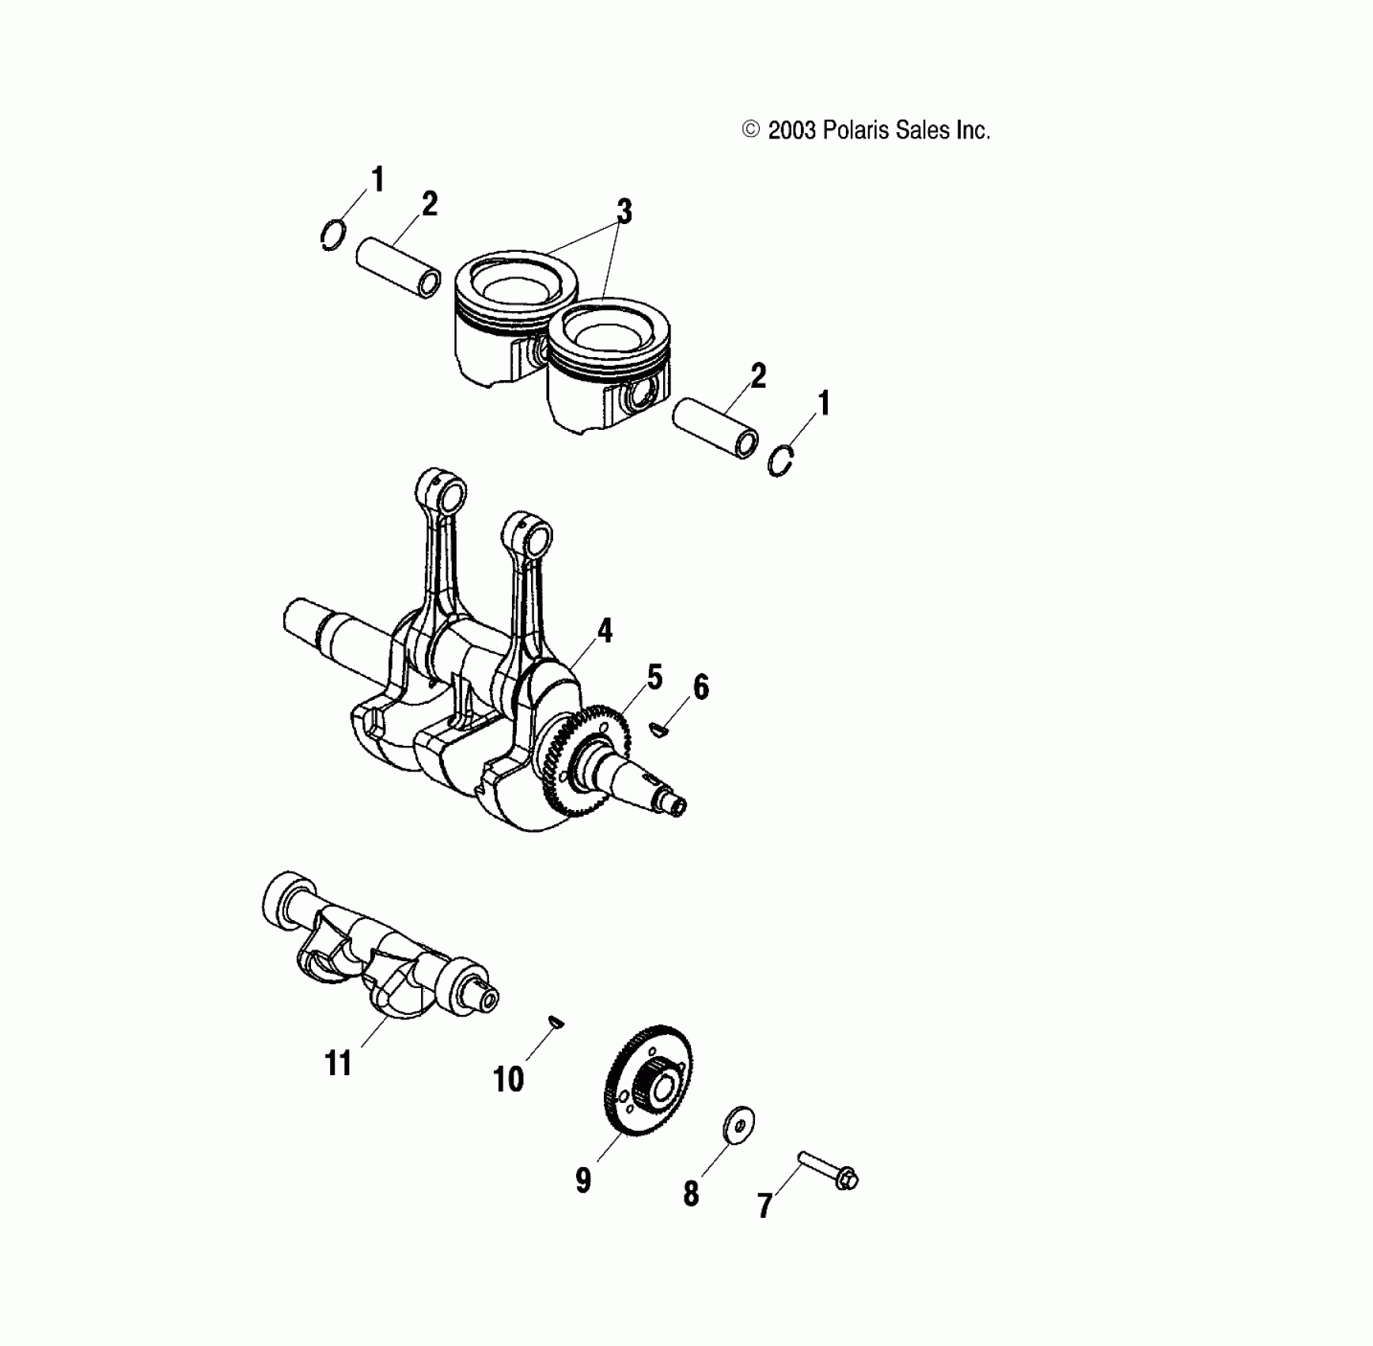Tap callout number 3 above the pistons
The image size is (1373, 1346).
pyautogui.click(x=624, y=211)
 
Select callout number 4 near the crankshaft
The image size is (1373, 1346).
pyautogui.click(x=605, y=631)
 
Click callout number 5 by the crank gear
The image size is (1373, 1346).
pyautogui.click(x=654, y=678)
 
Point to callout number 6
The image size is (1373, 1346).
pyautogui.click(x=701, y=687)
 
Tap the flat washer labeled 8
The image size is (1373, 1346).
pyautogui.click(x=739, y=1124)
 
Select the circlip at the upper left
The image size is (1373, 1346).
pyautogui.click(x=333, y=235)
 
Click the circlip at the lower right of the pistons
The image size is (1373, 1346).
pyautogui.click(x=781, y=460)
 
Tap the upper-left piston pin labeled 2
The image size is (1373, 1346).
pyautogui.click(x=398, y=267)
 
